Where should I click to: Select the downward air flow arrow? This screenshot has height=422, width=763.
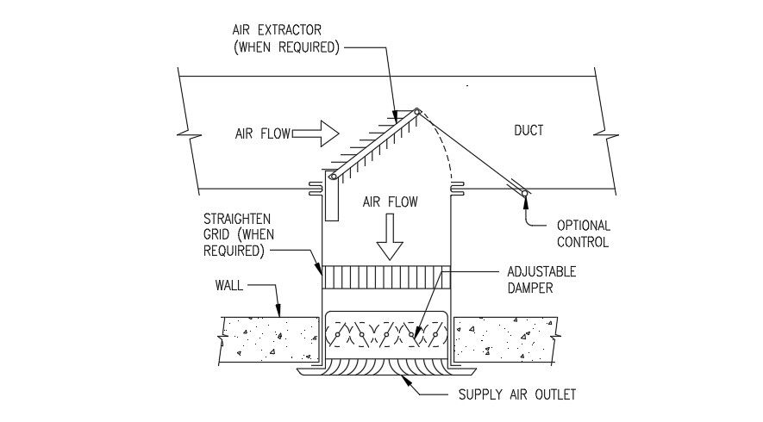pos(391,238)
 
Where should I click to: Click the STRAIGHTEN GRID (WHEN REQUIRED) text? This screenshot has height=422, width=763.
pos(234,234)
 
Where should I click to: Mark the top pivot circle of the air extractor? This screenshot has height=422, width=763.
pos(416,111)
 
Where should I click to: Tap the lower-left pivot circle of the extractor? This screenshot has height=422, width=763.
pos(332,177)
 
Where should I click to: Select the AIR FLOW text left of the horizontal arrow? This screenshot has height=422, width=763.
pos(262,133)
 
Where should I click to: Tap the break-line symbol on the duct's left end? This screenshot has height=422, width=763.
pos(183,133)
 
